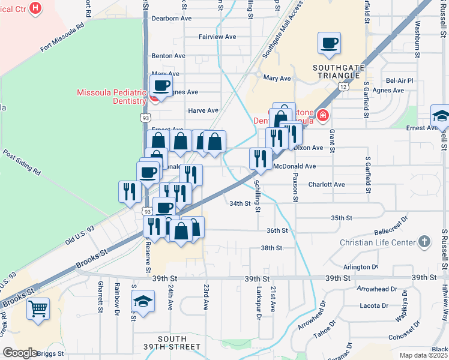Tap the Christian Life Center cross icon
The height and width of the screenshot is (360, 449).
click(x=424, y=242)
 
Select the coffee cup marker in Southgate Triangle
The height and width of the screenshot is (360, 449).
click(x=329, y=43)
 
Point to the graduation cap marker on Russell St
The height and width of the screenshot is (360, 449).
click(x=441, y=116)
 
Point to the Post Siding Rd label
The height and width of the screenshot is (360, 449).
click(x=21, y=162)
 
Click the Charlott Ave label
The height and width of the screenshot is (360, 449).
click(x=327, y=185)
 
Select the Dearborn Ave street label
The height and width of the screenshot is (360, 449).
click(x=170, y=19)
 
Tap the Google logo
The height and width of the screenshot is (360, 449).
click(x=20, y=353)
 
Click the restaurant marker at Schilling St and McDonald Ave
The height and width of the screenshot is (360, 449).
click(x=260, y=158)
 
